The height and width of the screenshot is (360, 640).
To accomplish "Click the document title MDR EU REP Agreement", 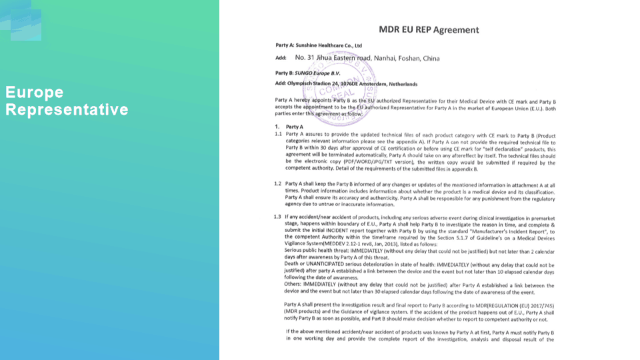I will click(x=429, y=29).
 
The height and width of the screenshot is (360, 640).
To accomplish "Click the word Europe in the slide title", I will click(x=34, y=92).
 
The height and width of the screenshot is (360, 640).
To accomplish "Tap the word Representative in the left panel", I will click(x=67, y=109).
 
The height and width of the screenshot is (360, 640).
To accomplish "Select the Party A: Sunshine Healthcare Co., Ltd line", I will click(x=318, y=45).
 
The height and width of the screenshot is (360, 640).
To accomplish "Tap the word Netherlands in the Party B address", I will click(x=399, y=84).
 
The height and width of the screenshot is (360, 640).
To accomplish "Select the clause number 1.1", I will click(x=279, y=134).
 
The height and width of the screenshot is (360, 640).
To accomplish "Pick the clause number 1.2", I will click(x=279, y=183).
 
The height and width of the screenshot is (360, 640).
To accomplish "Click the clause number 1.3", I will click(x=279, y=217).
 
